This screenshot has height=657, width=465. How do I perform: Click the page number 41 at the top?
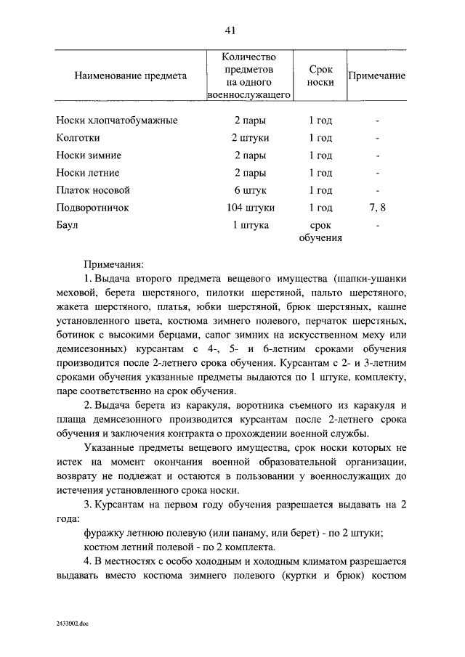click(232, 30)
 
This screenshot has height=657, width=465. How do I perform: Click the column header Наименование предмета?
click(131, 76)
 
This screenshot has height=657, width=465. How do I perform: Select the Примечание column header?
click(377, 76)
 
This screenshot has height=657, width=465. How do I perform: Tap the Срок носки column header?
click(320, 76)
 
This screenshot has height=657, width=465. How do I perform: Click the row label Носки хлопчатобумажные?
click(116, 121)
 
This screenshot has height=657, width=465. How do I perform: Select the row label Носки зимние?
click(89, 155)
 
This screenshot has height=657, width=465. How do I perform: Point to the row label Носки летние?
click(87, 173)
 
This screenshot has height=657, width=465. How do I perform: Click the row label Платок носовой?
click(92, 190)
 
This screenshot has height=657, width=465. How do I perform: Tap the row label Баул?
click(68, 225)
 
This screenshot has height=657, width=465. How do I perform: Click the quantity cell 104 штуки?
click(250, 208)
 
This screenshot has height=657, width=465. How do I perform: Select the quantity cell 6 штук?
click(250, 190)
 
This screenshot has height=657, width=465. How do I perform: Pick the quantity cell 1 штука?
click(250, 225)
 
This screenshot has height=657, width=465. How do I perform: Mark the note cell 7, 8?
click(377, 208)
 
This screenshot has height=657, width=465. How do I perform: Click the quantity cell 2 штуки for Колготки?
click(250, 138)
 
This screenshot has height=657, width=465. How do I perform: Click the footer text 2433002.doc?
click(72, 623)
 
